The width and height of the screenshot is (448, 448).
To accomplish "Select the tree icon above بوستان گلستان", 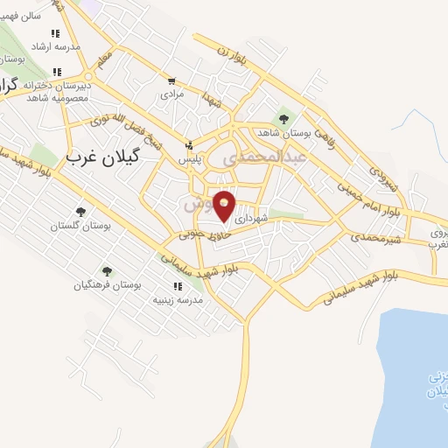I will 81,212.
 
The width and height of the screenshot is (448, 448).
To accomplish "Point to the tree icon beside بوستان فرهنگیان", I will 107,271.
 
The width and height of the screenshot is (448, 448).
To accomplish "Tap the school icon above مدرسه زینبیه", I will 178,286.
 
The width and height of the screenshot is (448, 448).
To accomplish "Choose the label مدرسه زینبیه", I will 178,299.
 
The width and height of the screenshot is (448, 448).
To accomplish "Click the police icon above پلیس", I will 189,146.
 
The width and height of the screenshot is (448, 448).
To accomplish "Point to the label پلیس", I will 190,159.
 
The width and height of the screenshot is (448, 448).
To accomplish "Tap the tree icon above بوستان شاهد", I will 283,118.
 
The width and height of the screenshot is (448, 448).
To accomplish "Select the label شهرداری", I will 263,222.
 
